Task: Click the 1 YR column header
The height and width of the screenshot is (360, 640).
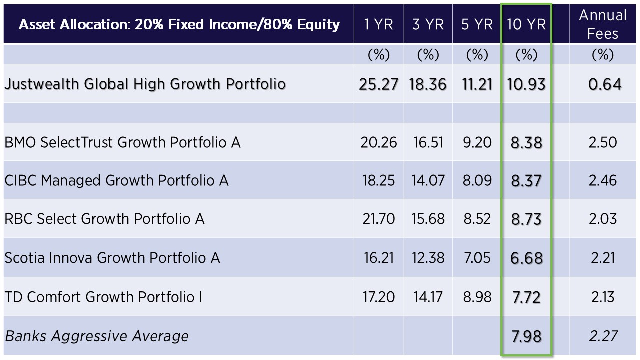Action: tap(378, 24)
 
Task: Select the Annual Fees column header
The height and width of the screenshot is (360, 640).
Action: tap(603, 24)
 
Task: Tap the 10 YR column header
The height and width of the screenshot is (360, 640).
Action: tap(526, 24)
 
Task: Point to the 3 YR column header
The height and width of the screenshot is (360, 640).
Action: tap(428, 24)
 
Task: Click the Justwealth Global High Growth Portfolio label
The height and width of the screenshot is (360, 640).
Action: tap(145, 84)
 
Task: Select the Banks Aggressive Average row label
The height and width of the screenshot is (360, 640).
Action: tap(97, 336)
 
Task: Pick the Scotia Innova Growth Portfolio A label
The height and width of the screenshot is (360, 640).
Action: tap(112, 258)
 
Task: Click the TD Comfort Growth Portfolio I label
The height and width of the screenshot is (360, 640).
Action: tap(103, 297)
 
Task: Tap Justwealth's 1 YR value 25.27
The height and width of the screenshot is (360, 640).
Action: tap(378, 85)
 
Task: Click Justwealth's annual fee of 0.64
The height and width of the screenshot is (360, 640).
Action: tap(605, 85)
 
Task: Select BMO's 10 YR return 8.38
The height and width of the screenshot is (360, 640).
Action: tap(526, 143)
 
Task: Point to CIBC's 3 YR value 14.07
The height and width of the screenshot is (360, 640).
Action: tap(428, 181)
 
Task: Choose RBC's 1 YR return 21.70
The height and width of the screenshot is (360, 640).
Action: tap(378, 219)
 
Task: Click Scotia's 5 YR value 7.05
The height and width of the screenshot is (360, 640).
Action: tap(477, 258)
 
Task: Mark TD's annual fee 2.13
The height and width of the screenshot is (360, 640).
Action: tap(603, 297)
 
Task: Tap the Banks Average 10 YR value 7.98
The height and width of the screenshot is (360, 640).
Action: tap(526, 336)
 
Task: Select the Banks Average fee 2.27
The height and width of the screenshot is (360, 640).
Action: tap(603, 336)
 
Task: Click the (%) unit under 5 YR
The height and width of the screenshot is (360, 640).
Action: tap(477, 55)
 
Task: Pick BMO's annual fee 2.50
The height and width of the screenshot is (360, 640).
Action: tap(603, 143)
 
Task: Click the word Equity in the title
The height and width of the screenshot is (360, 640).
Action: tap(318, 25)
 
